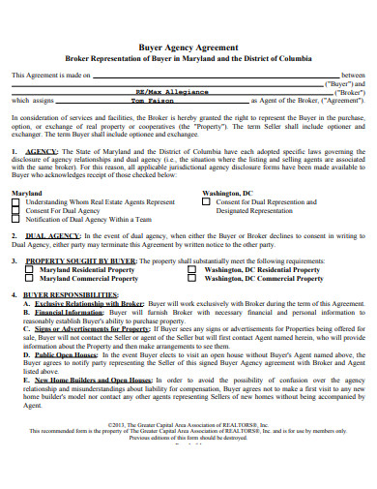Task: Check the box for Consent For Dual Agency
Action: tap(16, 210)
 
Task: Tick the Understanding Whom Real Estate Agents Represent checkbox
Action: tap(16, 201)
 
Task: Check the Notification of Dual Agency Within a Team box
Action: tap(16, 219)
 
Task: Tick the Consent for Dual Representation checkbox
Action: tap(206, 201)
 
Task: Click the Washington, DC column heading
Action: tap(223, 193)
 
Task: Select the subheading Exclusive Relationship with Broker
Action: tap(83, 303)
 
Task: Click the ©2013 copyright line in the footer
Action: tap(188, 451)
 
